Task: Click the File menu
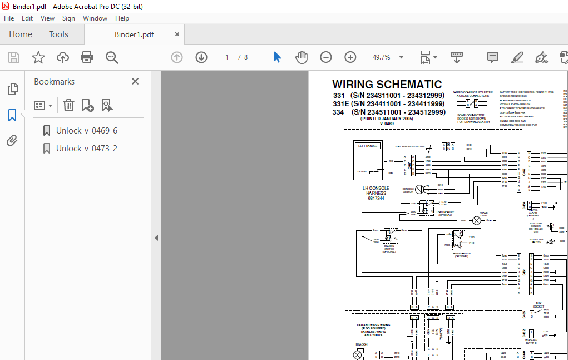pos(9,18)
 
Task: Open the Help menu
pos(122,18)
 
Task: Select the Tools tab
pos(58,34)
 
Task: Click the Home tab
pos(21,34)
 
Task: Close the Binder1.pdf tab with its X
pos(177,34)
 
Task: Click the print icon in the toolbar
pos(87,57)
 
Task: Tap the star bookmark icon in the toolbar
pos(38,57)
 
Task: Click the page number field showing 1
pos(227,57)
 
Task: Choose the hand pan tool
pos(301,57)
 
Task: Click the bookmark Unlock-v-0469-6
pos(86,131)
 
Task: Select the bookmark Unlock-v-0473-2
pos(86,149)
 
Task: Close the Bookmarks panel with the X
pos(135,82)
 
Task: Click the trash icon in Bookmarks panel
pos(68,105)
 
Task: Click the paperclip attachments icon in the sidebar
pos(12,140)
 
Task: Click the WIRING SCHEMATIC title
pos(387,85)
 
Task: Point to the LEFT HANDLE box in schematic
pos(368,146)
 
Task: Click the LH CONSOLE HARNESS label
pos(376,191)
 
